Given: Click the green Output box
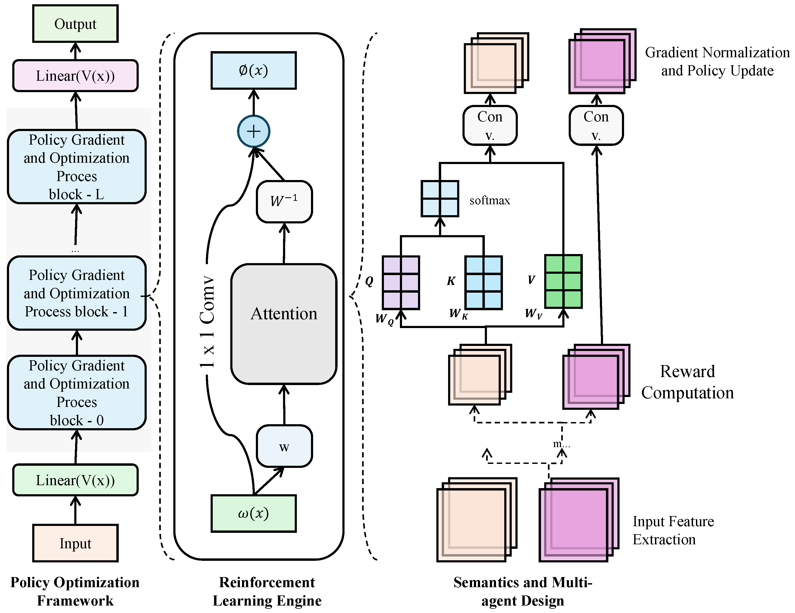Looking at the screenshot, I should coord(75,24).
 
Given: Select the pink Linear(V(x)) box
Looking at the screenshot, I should coord(75,76).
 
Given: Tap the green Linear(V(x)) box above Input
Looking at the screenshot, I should coord(75,480).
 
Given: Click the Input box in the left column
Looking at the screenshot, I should coord(75,543).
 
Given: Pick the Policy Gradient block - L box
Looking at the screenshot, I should coord(76,167).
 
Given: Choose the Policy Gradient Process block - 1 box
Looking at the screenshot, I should coord(76,293).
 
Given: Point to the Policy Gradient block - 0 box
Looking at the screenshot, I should coord(76,393).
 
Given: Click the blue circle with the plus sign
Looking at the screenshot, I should coord(254,131).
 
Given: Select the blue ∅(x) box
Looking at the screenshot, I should coord(254,70).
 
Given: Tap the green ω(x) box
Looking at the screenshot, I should coord(254,513).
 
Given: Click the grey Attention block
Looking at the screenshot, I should coord(284,324).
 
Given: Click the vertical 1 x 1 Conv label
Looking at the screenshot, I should coord(207,322).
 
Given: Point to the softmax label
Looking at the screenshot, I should coord(490,201).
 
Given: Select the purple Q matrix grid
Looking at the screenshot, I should coord(401,283).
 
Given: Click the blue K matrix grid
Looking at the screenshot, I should coord(484,283).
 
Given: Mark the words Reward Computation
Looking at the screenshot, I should coord(687,382).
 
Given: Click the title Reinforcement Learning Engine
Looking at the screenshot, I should coord(267,591).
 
